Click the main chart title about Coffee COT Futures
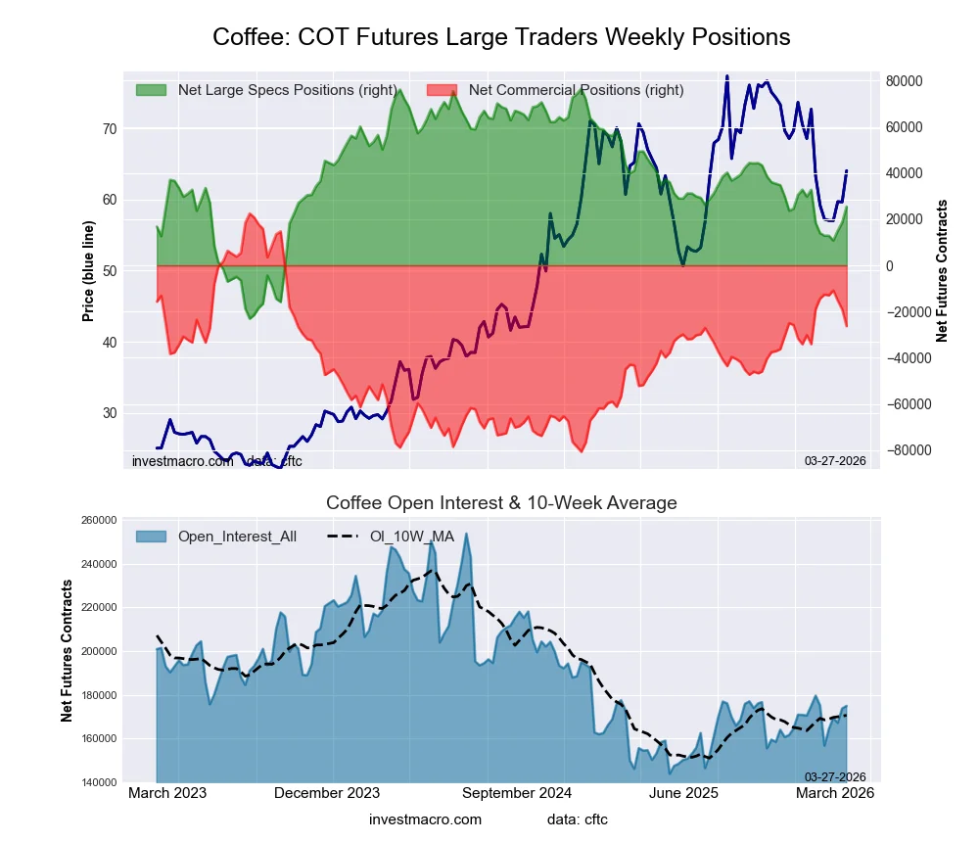click(x=501, y=37)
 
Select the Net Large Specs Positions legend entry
click(x=265, y=90)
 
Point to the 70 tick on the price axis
click(x=109, y=129)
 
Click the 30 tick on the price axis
click(x=109, y=413)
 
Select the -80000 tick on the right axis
click(x=908, y=450)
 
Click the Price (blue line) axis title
click(x=88, y=271)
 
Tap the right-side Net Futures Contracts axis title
click(x=942, y=271)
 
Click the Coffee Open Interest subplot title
click(x=501, y=503)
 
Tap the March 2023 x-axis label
click(x=167, y=793)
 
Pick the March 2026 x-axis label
click(x=834, y=793)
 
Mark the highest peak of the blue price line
click(x=726, y=76)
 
